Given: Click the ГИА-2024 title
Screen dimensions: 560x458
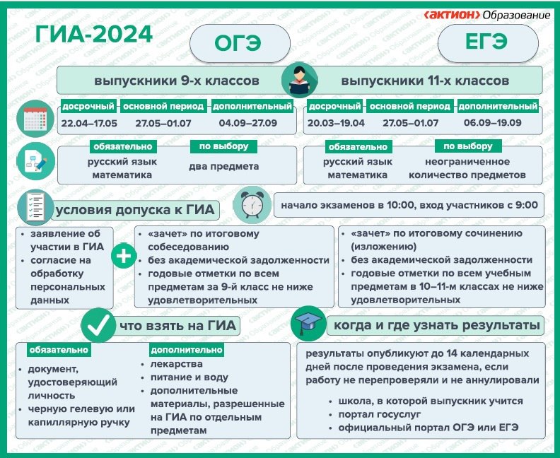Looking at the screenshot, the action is click(94, 35).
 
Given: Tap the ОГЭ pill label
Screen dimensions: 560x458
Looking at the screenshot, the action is click(238, 44).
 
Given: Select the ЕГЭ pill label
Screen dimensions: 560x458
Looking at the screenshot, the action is click(486, 42).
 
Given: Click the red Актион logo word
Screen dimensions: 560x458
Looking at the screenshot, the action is click(452, 15).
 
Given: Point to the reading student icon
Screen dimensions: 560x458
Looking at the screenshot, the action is click(299, 81).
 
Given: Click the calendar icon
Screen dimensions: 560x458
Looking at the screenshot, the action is click(35, 119).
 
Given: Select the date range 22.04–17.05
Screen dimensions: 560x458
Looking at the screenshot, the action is click(89, 124).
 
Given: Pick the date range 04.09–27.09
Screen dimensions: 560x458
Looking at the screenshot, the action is click(248, 123).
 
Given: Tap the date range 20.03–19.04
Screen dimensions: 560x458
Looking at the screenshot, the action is click(336, 123).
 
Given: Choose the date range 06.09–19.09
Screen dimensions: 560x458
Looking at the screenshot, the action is click(493, 123).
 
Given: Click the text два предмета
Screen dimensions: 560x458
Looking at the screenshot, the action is click(224, 167).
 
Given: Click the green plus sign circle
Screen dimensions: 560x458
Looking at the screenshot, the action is click(124, 256).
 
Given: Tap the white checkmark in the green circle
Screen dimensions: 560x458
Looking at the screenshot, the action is click(98, 326).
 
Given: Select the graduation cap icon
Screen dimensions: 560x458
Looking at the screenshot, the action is click(308, 324).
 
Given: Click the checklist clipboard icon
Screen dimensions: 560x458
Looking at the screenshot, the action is click(35, 207).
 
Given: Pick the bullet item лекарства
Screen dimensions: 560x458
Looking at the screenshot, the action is click(177, 364).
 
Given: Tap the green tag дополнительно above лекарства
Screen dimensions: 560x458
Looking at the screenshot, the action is click(187, 350).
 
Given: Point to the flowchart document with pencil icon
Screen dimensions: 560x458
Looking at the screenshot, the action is click(36, 161).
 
